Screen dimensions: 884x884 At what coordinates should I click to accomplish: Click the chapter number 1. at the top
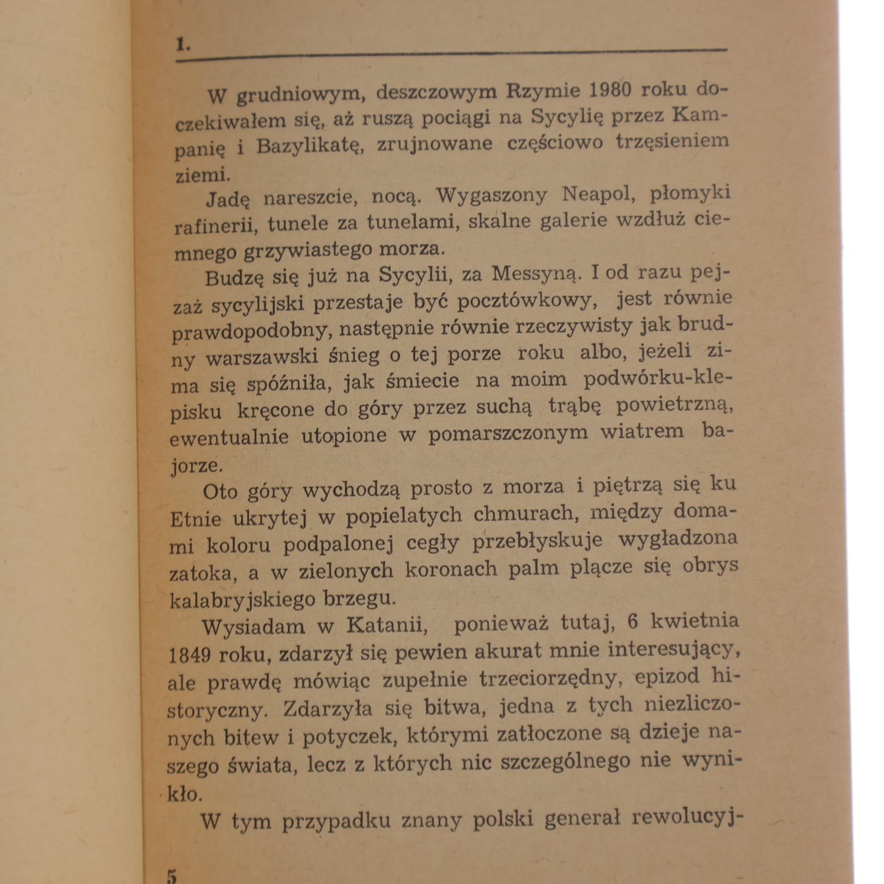click(x=183, y=44)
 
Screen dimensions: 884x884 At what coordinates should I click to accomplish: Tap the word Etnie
click(x=195, y=519)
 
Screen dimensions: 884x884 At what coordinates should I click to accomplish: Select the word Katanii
click(x=387, y=625)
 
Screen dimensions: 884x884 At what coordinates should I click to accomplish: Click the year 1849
click(x=190, y=656)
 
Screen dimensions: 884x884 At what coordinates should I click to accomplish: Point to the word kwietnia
click(x=694, y=621)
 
